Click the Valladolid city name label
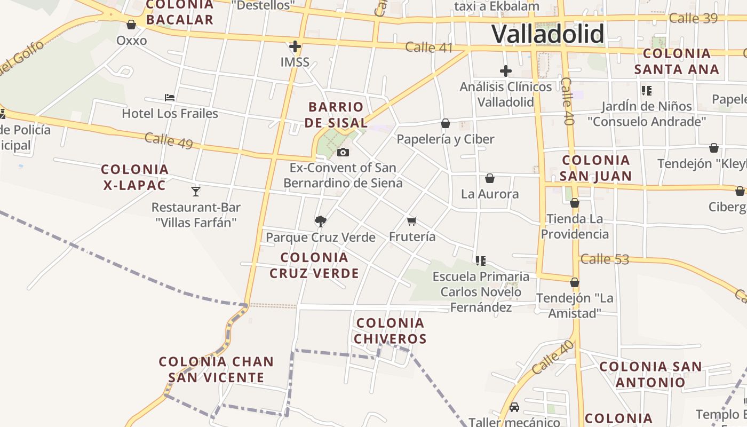(x=547, y=34)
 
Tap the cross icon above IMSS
(x=295, y=46)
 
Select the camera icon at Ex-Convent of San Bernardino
(x=343, y=152)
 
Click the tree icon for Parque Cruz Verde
(x=320, y=221)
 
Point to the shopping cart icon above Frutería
(x=411, y=220)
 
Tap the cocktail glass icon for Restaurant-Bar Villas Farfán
(x=196, y=191)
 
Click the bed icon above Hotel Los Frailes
(x=170, y=98)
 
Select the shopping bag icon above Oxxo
(x=131, y=25)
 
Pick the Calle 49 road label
(x=169, y=141)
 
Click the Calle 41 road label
(x=429, y=47)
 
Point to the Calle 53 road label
(x=605, y=259)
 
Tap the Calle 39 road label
(x=693, y=18)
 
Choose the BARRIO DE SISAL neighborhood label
(x=336, y=115)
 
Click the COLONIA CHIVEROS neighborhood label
(x=391, y=331)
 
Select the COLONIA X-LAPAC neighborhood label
(x=134, y=177)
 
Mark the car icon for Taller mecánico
(x=514, y=407)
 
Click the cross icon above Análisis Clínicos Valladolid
(x=505, y=70)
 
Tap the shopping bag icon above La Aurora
(x=489, y=178)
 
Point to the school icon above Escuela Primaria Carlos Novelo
(x=480, y=260)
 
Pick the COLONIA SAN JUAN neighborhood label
(x=596, y=168)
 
